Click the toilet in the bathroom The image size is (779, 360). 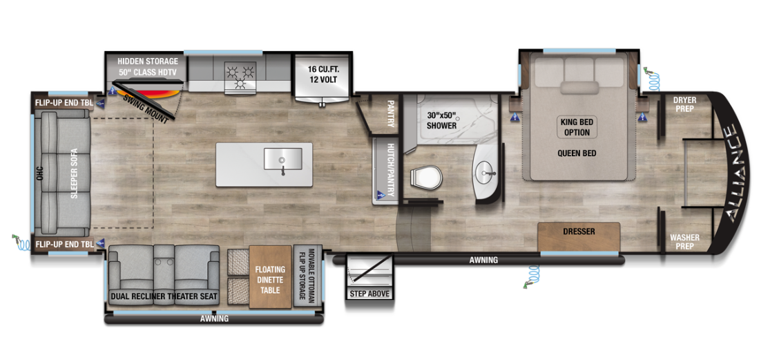[x=425, y=178]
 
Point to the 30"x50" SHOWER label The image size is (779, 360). [x=441, y=120]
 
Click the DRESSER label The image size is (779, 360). [x=578, y=231]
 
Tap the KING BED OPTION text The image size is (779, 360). [x=577, y=127]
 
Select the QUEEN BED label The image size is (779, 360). [x=577, y=153]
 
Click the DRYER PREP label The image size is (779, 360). [x=684, y=104]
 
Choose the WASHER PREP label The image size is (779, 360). [x=684, y=242]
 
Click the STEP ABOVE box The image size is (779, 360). [x=369, y=294]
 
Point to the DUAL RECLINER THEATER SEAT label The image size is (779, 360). [x=164, y=297]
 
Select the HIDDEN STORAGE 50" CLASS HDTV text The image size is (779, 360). [x=147, y=67]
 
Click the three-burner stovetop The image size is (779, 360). [x=240, y=75]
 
